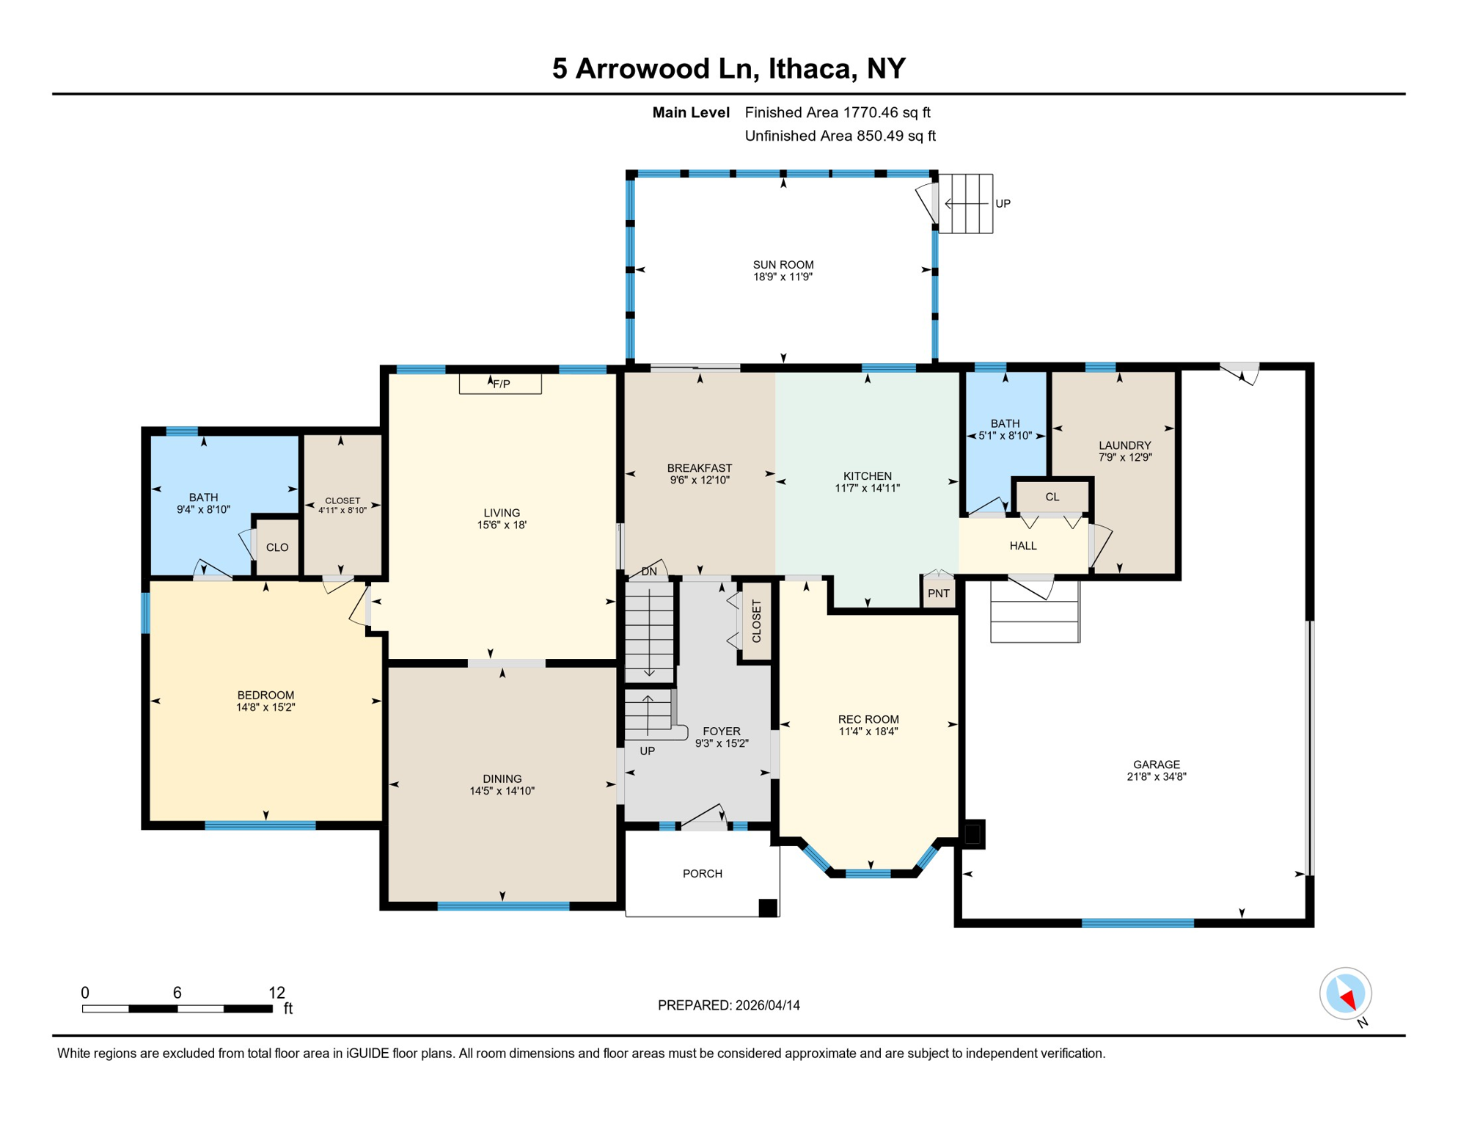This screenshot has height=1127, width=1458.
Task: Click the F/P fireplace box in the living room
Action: pos(500,384)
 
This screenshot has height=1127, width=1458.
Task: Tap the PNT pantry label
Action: pos(938,594)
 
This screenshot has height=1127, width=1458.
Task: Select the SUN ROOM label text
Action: pos(783,265)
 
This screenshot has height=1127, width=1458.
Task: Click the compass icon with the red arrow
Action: pos(1345,994)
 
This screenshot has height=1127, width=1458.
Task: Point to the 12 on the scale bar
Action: pos(276,993)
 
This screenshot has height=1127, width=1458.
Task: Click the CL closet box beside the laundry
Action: pos(1052,497)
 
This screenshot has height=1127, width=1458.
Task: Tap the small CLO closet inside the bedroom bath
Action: pos(277,547)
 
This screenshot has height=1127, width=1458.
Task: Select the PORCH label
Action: pos(702,874)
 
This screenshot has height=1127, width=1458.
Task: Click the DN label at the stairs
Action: pos(649,572)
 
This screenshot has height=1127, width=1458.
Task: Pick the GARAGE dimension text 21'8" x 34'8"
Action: pos(1156,777)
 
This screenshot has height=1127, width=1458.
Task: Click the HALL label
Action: pos(1022,546)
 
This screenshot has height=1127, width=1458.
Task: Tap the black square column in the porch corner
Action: pos(767,908)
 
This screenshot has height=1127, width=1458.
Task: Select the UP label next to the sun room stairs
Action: pos(1003,204)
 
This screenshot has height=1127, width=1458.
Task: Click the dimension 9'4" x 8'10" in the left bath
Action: pos(203,509)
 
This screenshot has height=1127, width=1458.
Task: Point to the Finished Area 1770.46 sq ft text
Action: pos(837,112)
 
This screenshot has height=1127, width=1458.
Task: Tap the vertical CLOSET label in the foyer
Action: pos(757,621)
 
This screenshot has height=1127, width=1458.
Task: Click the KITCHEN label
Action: pos(867,476)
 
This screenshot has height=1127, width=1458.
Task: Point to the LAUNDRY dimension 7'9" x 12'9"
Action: pos(1124,457)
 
